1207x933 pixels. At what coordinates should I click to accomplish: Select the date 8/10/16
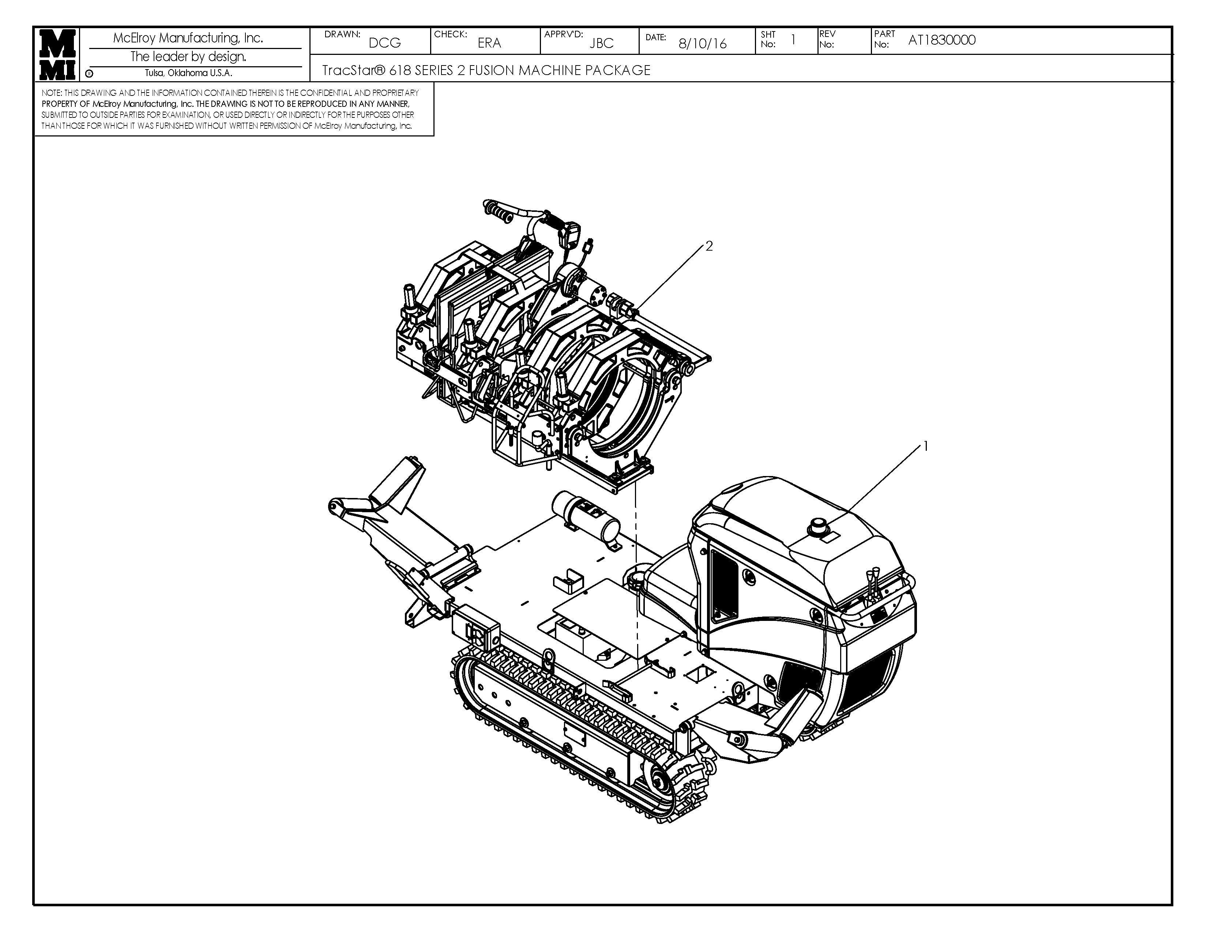tap(702, 44)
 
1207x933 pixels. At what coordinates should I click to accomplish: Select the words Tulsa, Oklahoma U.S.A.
tap(188, 73)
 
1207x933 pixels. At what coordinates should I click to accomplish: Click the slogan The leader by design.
tap(188, 56)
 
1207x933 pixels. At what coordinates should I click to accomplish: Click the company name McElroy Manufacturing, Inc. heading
tap(188, 38)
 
